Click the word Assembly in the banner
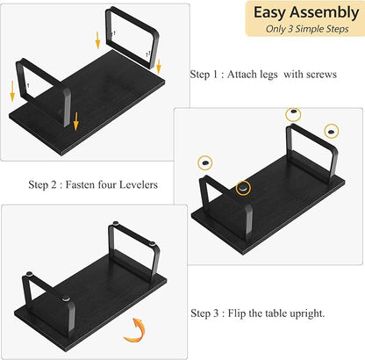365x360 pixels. [325, 13]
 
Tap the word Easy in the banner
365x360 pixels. [270, 13]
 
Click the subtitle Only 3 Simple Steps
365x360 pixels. [307, 29]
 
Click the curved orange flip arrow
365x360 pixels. [135, 330]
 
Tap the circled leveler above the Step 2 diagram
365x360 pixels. [293, 114]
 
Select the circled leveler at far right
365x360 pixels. [331, 132]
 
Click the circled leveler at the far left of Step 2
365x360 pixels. [205, 162]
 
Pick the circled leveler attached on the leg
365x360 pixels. [243, 188]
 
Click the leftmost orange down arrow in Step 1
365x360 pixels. [12, 91]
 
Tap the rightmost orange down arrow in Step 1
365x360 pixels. [159, 67]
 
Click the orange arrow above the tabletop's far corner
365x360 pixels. [97, 40]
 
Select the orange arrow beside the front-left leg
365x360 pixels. [76, 121]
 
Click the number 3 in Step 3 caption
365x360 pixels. [216, 313]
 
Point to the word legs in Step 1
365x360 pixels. [267, 75]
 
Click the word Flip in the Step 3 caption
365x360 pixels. [237, 313]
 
